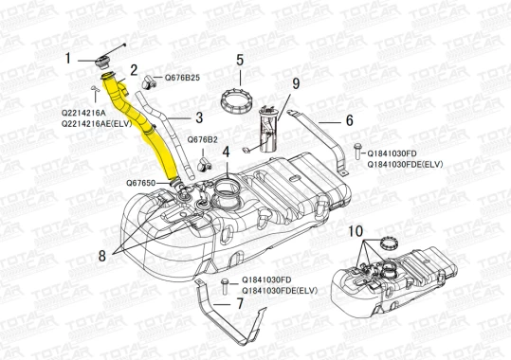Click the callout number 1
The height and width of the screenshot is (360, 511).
pos(68,59)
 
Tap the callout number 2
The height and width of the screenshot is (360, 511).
pos(134,70)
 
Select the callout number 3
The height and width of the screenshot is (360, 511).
pos(199,117)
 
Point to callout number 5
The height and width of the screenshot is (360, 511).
pos(240,61)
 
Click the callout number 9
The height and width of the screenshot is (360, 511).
pos(296,83)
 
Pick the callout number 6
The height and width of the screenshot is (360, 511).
pos(349,120)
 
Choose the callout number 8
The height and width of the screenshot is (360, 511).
pos(102,256)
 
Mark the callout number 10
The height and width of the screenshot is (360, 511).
pos(356,231)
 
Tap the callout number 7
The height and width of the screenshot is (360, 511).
pos(240,304)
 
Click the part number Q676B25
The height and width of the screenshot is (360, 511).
pos(182,78)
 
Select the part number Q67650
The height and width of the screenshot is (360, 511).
pos(140,183)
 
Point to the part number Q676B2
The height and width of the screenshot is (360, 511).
pos(202,140)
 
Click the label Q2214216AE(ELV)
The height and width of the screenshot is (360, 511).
pos(97,123)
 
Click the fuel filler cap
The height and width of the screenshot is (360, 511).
pos(102,62)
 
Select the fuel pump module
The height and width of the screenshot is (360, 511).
pos(268,130)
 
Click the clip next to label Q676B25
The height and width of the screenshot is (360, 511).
pos(149,81)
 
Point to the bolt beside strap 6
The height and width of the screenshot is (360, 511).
pos(357,152)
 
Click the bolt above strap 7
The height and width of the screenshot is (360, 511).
pos(224,286)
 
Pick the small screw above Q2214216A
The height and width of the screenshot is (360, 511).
pos(95,88)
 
